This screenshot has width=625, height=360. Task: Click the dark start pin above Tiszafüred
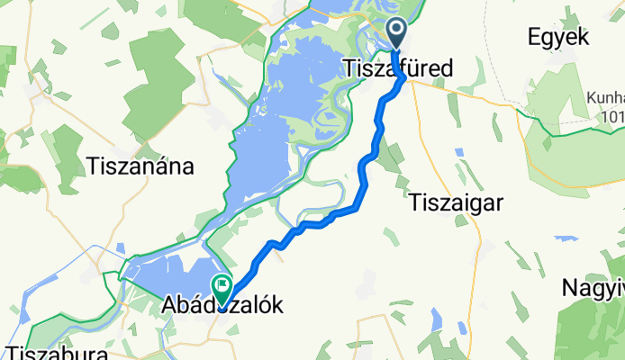(x=397, y=33)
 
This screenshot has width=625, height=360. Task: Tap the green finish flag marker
(x=222, y=287)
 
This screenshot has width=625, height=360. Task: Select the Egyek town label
(x=558, y=37)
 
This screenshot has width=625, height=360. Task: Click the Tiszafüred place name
(x=398, y=67)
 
